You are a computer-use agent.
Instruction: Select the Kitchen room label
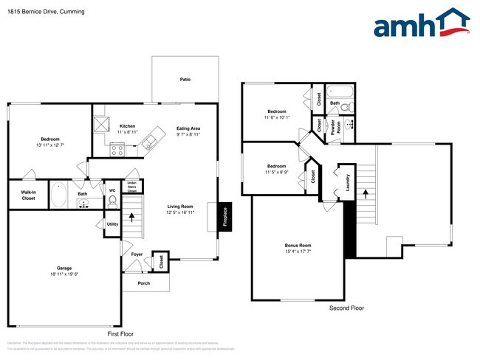coord(127,126)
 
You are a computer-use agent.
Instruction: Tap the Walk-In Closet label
coord(28,195)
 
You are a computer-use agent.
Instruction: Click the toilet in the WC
coord(112,199)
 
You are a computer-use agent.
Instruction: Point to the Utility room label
coord(112,224)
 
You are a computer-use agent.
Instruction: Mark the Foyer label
coord(137,255)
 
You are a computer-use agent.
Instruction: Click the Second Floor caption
coord(346,308)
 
